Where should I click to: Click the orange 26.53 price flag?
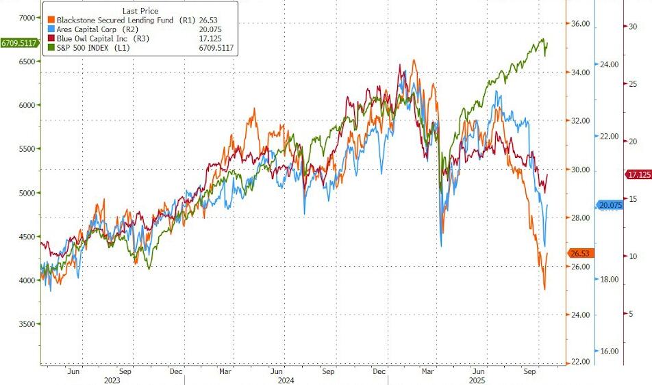[x=579, y=254]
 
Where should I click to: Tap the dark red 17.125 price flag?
[x=638, y=175]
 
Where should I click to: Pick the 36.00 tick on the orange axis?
[x=579, y=25]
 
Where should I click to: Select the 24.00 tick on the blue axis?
[x=610, y=65]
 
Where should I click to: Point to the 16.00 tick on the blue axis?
[x=610, y=351]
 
